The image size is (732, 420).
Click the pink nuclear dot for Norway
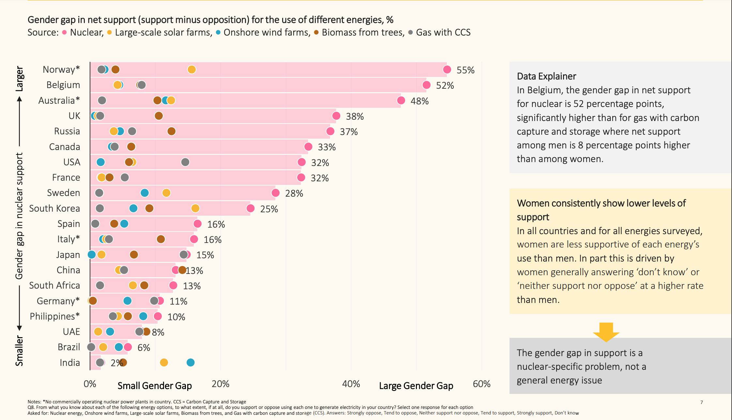coord(447,69)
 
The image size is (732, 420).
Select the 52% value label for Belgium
coord(445,85)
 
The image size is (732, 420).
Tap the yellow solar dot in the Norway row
coord(191,69)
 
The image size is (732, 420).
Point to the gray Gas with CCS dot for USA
coord(185,162)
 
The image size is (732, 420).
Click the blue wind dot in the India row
coord(191,362)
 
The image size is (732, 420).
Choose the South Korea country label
coord(54,208)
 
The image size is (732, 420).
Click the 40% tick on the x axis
coord(351,384)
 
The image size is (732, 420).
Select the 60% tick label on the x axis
coord(481,384)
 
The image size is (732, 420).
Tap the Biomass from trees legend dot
coord(316,32)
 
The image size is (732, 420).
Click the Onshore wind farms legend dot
coord(218,32)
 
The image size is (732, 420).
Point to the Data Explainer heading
coord(546,76)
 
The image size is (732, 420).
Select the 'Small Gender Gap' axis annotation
coord(155,386)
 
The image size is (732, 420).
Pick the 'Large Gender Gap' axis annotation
coord(416,386)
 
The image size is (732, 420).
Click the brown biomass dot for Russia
coord(171,131)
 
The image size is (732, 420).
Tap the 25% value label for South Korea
coord(269,209)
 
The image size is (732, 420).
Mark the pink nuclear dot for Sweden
coord(275,193)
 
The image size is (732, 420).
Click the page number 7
coord(702,402)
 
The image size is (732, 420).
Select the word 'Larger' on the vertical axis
coord(20,79)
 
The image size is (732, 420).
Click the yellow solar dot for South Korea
coord(195,208)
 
